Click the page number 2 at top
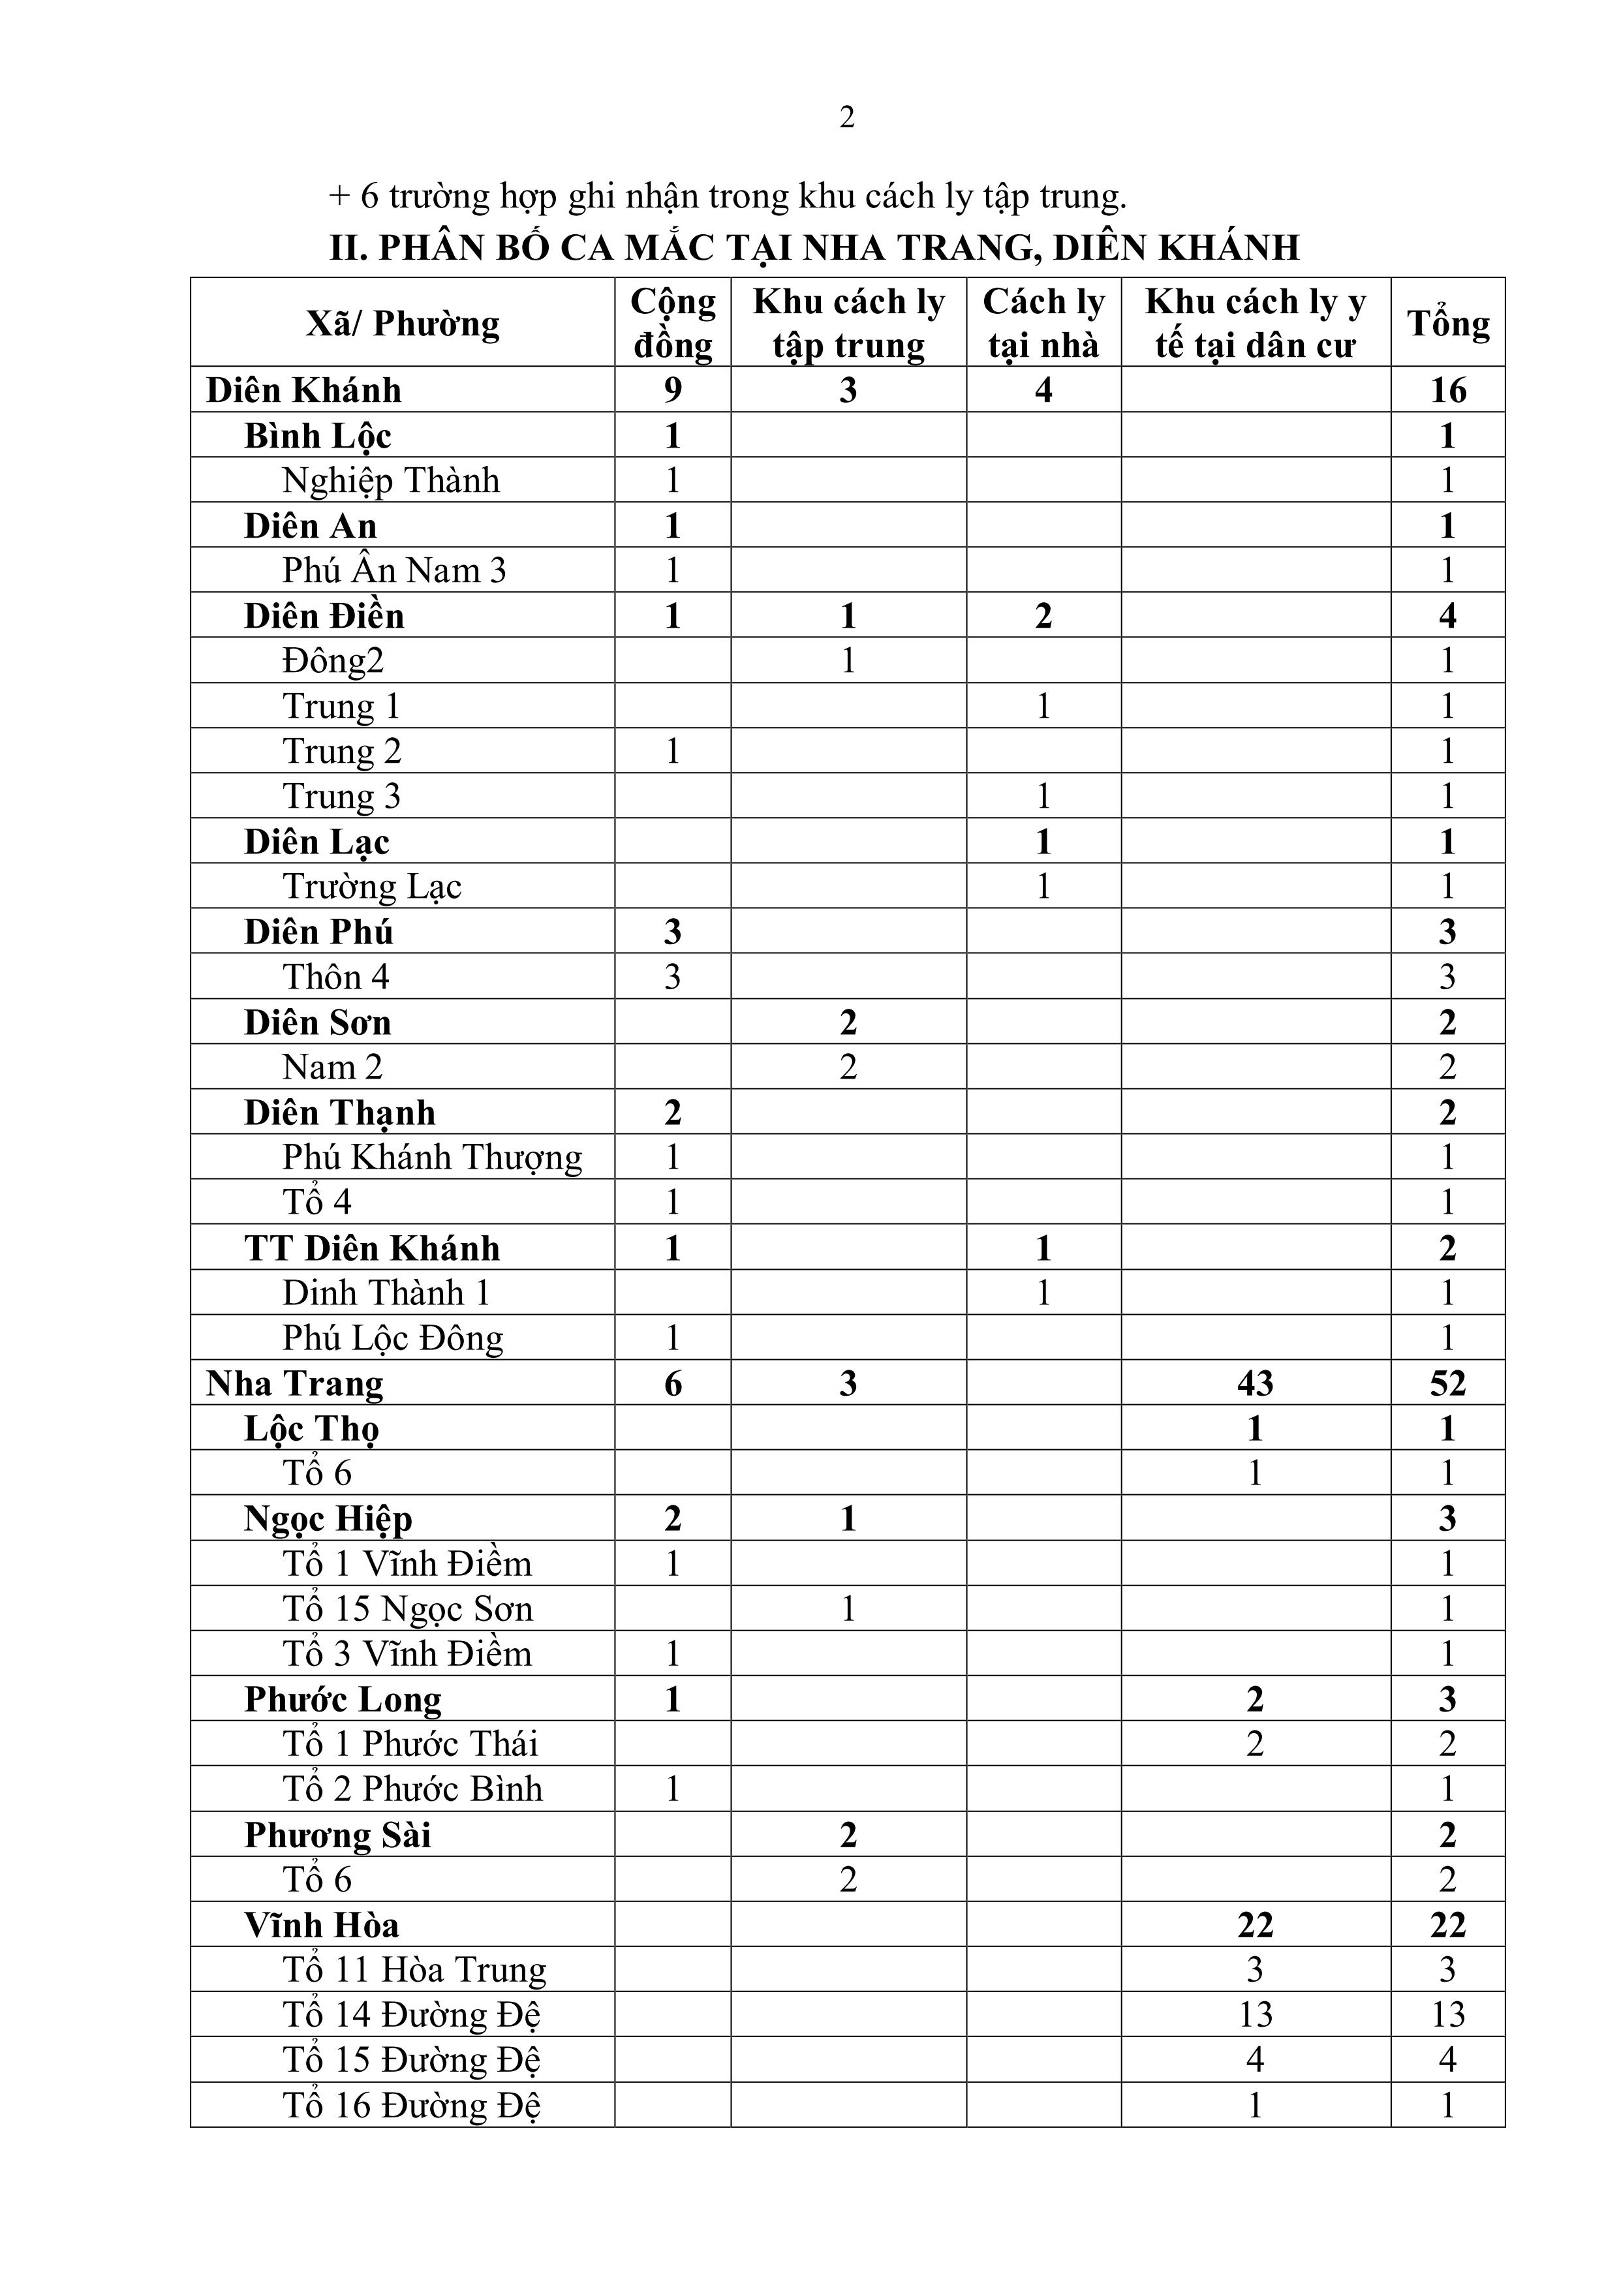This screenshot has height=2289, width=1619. tap(846, 117)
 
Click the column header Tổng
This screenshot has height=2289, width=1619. tap(1447, 323)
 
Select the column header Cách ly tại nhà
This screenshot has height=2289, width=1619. tap(1043, 323)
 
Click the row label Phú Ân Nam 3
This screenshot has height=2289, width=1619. tap(393, 570)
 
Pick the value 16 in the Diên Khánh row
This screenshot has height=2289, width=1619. tap(1447, 390)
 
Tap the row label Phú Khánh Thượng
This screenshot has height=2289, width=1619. tap(431, 1158)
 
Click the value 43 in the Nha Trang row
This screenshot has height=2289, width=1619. tap(1255, 1384)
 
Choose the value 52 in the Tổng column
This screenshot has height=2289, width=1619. tap(1447, 1384)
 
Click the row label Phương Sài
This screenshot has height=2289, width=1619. tap(337, 1836)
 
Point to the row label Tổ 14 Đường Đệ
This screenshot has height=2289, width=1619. tap(410, 2015)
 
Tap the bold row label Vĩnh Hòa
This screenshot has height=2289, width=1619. tap(321, 1925)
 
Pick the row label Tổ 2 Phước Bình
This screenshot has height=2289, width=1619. tap(412, 1790)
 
